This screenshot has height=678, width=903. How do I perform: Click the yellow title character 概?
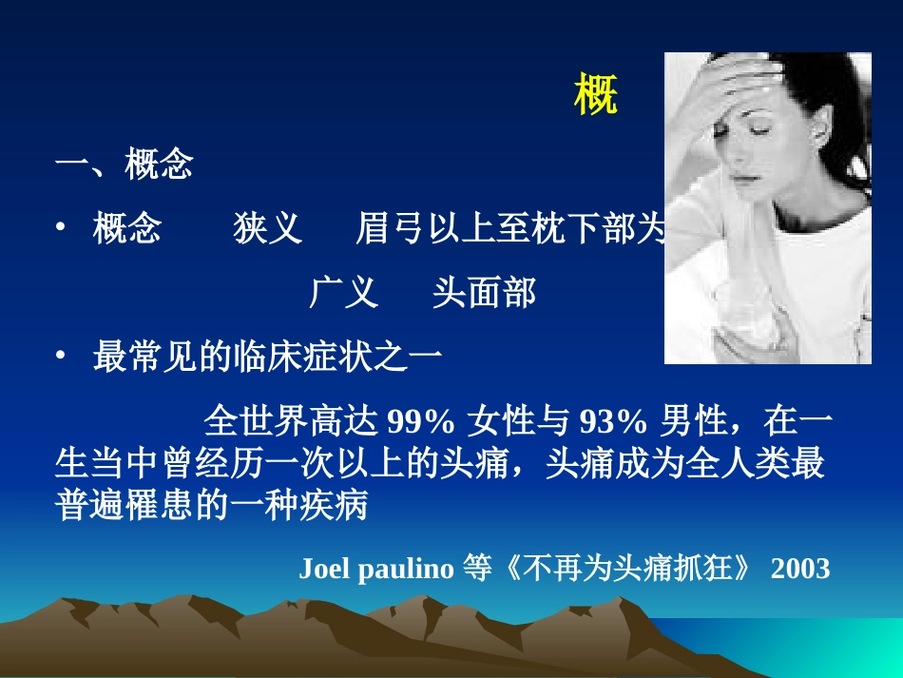(x=596, y=95)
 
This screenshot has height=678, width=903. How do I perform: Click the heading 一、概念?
(x=125, y=164)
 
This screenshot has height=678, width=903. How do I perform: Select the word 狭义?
(x=268, y=229)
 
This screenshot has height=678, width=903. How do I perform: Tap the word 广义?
(x=343, y=293)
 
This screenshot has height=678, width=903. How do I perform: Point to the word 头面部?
(x=484, y=293)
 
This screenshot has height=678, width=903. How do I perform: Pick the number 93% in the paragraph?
(x=612, y=420)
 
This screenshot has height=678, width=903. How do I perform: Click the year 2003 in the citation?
(x=800, y=569)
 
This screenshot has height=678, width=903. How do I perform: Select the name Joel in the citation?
(x=326, y=569)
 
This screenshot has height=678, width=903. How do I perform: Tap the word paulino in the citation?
(x=407, y=569)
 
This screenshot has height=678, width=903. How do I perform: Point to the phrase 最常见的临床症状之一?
(x=267, y=356)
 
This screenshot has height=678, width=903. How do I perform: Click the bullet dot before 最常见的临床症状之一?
(x=61, y=356)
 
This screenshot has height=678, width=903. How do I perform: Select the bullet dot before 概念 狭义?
(x=61, y=229)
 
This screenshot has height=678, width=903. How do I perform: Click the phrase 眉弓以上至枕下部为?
(x=508, y=229)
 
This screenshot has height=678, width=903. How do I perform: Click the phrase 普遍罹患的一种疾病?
(x=211, y=506)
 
